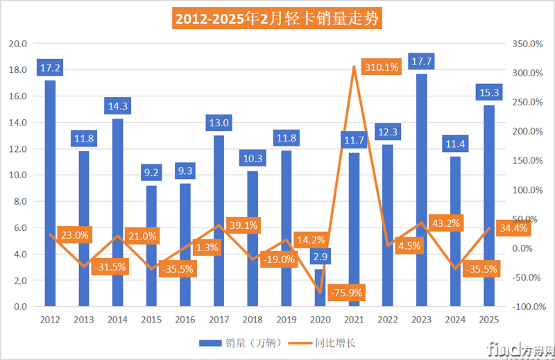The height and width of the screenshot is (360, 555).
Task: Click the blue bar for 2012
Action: (50, 194)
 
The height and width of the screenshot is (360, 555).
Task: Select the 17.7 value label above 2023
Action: (421, 60)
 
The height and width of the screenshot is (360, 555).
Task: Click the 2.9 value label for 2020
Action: (320, 257)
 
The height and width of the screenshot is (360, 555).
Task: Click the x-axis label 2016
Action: (185, 320)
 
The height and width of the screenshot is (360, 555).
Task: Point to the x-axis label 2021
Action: (353, 320)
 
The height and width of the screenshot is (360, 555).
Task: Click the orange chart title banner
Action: (277, 18)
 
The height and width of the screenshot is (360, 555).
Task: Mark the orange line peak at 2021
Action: (354, 67)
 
